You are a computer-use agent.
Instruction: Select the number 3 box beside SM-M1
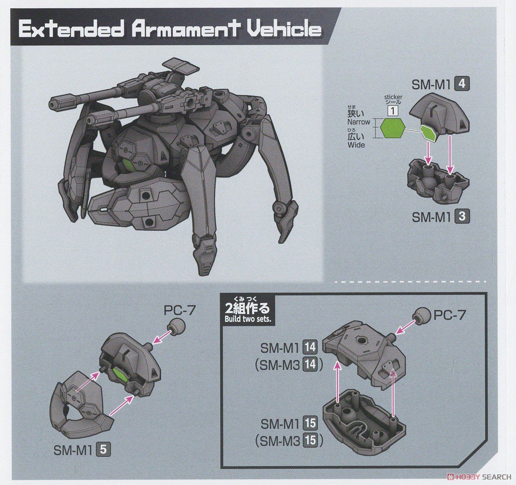(x=461, y=217)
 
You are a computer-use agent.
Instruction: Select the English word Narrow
(x=359, y=122)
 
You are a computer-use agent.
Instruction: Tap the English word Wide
(x=356, y=145)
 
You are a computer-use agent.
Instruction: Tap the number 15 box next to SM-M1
(x=310, y=424)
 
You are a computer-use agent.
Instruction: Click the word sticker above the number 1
(x=393, y=97)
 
